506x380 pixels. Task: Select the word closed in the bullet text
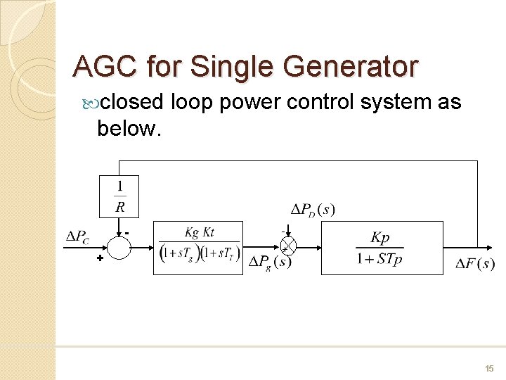pos(132,103)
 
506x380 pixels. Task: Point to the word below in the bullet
pos(129,129)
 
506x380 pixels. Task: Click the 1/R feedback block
pos(119,196)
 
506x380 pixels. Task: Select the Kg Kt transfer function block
pos(198,247)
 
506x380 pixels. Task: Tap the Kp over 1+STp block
pos(382,247)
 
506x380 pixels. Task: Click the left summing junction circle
pos(119,246)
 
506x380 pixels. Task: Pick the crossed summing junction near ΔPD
pos(288,246)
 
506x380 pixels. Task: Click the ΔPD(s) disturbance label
pos(313,209)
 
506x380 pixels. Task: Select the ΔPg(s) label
pos(270,262)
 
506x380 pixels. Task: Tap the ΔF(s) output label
pos(475,264)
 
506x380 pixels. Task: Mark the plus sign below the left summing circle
pos(100,259)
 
